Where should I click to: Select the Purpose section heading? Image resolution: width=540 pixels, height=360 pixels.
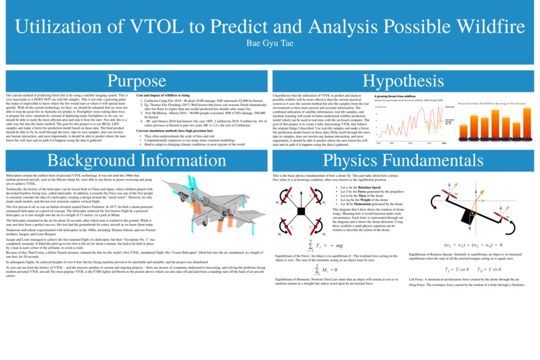coord(136,80)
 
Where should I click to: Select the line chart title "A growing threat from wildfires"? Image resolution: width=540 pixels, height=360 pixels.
coord(395,96)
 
